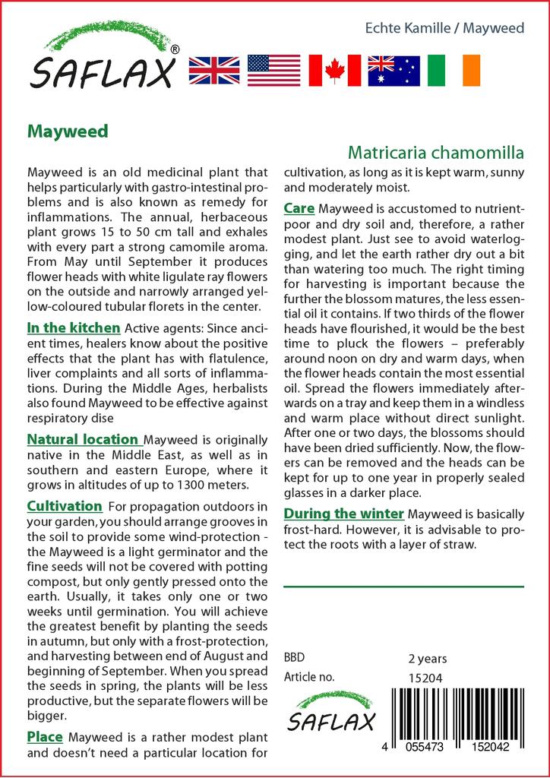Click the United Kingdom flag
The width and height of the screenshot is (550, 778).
click(x=213, y=70)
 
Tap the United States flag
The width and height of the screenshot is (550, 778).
click(x=273, y=70)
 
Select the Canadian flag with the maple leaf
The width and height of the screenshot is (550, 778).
click(x=334, y=70)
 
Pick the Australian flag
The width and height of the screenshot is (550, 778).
click(x=394, y=70)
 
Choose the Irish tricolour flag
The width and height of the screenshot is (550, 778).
click(x=454, y=70)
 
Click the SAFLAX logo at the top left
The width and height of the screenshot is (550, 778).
click(x=103, y=57)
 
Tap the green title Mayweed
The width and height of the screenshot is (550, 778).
click(x=68, y=131)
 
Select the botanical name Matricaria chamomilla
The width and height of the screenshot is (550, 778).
click(x=436, y=152)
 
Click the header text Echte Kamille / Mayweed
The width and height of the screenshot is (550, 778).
click(x=444, y=28)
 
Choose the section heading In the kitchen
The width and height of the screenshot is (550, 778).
click(x=74, y=328)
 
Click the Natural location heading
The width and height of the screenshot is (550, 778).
click(x=83, y=439)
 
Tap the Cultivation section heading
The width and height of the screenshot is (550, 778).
click(x=65, y=506)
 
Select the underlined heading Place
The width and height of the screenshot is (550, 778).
click(x=45, y=737)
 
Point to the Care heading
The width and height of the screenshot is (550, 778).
click(x=299, y=208)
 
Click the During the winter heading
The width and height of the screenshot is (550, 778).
click(x=343, y=514)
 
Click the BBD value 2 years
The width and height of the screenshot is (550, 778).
click(x=428, y=659)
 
